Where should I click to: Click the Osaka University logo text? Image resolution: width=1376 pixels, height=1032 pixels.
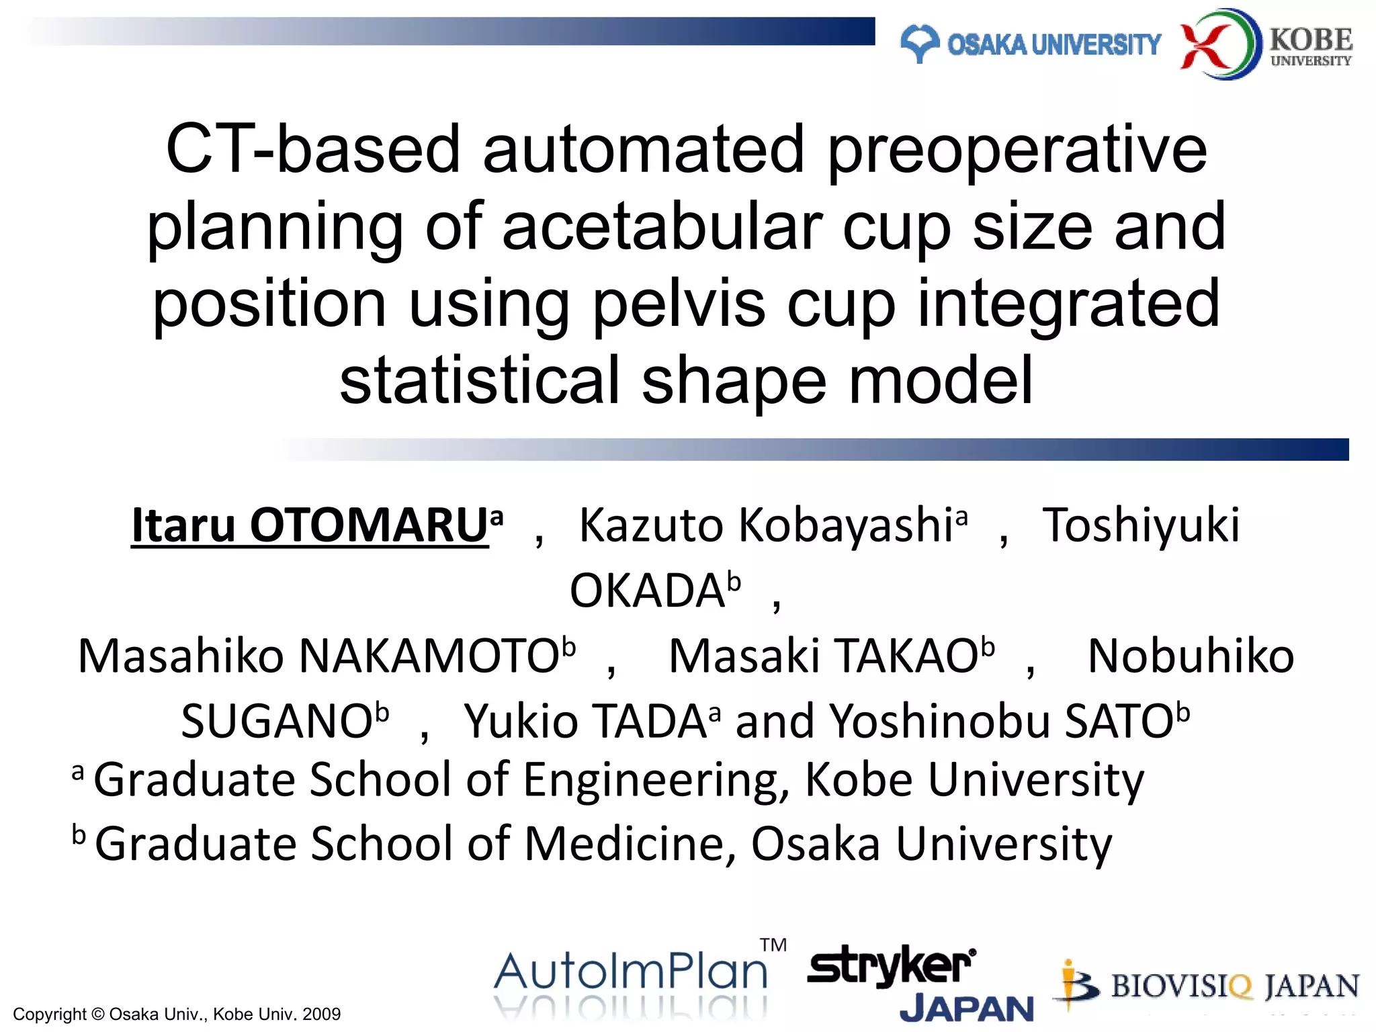tap(1053, 45)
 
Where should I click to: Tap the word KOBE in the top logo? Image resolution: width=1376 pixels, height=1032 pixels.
tap(1311, 40)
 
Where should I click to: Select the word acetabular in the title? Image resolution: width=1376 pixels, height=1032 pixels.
tap(662, 227)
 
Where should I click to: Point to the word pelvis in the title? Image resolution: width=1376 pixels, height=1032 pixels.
tap(679, 304)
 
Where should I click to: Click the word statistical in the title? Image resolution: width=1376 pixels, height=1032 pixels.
tap(479, 381)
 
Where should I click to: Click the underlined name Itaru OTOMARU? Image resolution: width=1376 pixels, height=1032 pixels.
tap(310, 525)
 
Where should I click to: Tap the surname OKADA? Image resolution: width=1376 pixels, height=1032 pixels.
tap(647, 591)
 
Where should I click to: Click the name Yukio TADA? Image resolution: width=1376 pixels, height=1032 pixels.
tap(585, 721)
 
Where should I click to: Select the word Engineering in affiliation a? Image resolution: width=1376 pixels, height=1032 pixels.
tap(655, 780)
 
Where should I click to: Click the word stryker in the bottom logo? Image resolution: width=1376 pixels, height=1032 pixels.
tap(890, 966)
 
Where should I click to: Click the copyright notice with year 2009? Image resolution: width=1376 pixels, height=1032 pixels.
tap(177, 1014)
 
